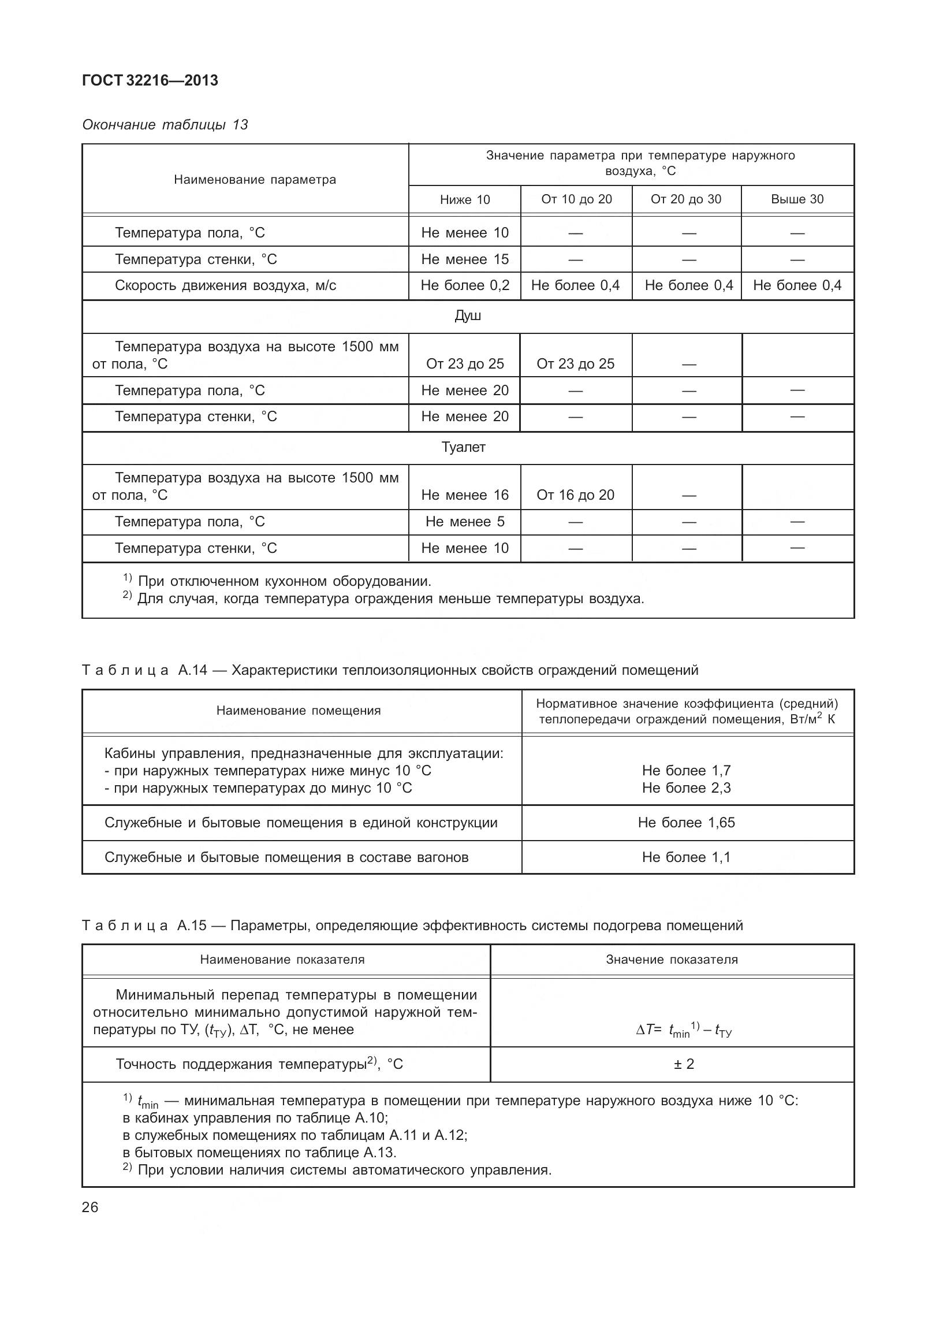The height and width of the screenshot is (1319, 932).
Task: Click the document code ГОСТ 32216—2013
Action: [150, 81]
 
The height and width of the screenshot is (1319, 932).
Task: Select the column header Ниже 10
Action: [464, 200]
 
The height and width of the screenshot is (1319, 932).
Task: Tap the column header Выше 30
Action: [797, 199]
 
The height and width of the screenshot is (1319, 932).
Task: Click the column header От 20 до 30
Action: [685, 199]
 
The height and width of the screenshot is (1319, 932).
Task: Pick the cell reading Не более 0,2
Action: [465, 285]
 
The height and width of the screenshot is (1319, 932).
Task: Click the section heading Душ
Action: [467, 316]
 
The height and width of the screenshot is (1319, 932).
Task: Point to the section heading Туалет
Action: [463, 447]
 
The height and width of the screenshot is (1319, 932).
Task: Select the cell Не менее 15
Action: [465, 259]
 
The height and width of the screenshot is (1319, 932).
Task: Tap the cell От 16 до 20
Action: [575, 495]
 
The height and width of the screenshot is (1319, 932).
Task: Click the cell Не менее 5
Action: [465, 522]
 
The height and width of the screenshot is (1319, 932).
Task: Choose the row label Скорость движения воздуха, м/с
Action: [225, 285]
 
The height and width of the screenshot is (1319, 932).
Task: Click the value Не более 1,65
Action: [686, 823]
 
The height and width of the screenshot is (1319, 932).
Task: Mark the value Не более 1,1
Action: [686, 857]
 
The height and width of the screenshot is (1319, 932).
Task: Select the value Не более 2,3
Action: [686, 788]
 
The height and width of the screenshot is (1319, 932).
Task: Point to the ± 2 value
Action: [684, 1064]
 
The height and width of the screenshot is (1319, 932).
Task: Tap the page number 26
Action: [90, 1207]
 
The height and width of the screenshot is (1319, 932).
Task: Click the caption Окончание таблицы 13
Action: [165, 125]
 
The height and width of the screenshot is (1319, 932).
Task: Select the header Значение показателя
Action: [672, 960]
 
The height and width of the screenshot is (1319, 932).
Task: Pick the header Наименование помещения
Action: [299, 711]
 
